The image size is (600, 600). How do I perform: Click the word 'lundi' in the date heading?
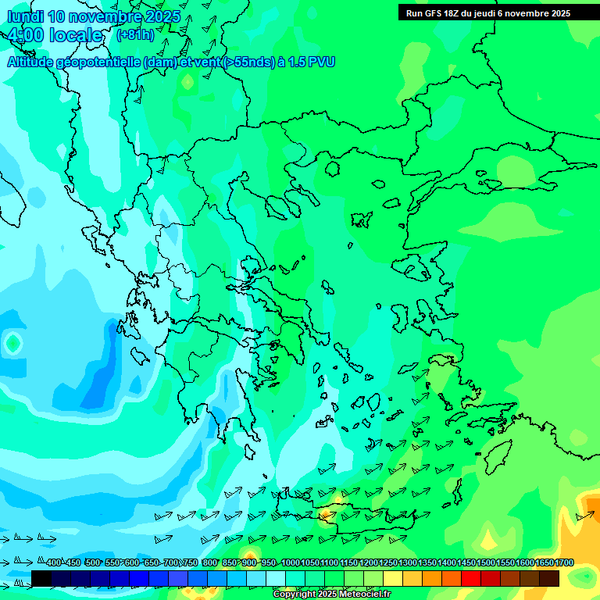tap(25, 16)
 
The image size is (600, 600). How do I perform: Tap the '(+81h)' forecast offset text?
tap(135, 35)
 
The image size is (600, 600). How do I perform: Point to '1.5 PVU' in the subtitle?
tap(312, 62)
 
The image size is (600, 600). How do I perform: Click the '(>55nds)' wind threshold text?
tap(249, 62)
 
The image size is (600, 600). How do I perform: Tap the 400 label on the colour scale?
tap(54, 563)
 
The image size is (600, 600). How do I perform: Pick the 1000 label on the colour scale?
tap(290, 563)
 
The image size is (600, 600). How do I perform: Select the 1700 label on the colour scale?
tap(564, 563)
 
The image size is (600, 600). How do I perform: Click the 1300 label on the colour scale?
tap(408, 563)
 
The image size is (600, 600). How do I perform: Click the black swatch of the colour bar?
tap(41, 578)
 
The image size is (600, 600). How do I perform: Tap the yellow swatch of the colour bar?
tap(412, 578)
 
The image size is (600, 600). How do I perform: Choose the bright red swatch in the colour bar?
tap(471, 578)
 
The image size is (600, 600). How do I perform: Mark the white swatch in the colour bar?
tap(276, 578)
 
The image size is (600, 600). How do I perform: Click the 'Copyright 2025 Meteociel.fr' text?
tap(332, 595)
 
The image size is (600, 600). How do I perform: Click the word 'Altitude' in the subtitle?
tap(31, 62)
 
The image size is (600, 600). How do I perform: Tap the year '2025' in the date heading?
tap(162, 16)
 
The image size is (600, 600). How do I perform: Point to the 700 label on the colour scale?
tap(171, 563)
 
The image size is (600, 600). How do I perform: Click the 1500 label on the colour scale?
tap(486, 563)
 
